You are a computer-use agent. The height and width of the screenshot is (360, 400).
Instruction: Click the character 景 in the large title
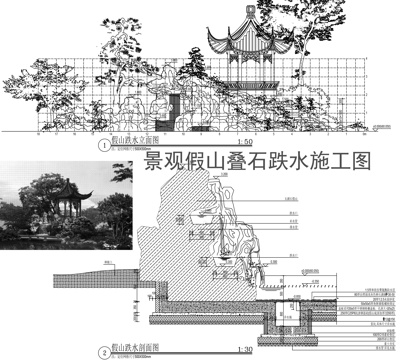tap(155, 160)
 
